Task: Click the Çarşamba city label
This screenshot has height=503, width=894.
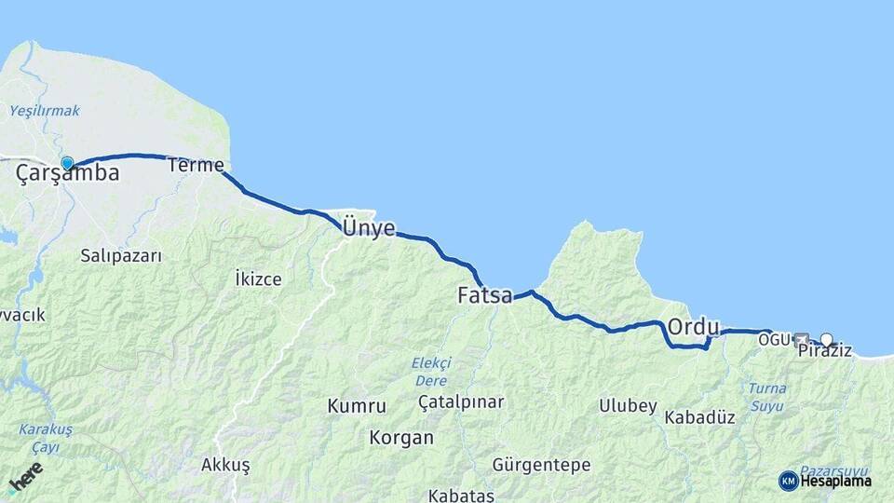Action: [67, 174]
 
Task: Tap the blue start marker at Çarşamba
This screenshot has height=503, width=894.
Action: [67, 164]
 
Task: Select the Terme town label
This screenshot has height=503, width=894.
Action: [196, 166]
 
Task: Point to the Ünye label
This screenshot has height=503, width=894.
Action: [369, 228]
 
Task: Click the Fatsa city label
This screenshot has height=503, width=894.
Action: [484, 296]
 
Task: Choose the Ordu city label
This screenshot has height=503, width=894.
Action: [694, 328]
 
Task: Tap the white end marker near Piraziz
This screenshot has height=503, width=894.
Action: [826, 340]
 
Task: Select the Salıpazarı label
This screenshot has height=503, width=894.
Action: [121, 255]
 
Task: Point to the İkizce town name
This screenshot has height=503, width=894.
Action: [258, 279]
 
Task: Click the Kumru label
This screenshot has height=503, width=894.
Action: [357, 406]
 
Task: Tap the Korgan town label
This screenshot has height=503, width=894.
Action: [401, 437]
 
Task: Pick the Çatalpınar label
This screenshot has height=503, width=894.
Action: [461, 402]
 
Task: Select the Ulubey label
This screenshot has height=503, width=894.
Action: [628, 406]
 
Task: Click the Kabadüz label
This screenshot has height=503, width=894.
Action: [699, 417]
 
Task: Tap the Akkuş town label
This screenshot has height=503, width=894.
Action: [224, 464]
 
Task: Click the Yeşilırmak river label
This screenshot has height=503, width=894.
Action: [45, 111]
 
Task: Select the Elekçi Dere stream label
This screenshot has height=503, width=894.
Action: [431, 372]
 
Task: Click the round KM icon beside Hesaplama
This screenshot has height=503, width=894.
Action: [788, 481]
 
